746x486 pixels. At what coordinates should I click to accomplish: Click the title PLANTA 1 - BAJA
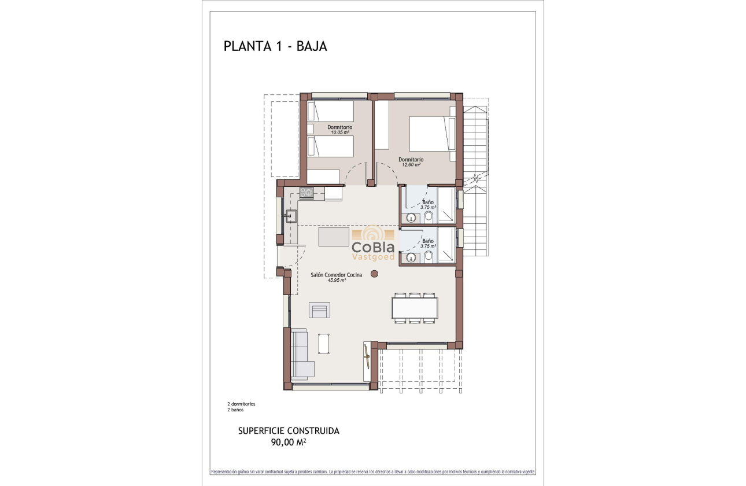(275, 47)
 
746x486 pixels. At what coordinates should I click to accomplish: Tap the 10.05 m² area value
(340, 132)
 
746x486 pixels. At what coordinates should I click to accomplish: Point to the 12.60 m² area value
(411, 165)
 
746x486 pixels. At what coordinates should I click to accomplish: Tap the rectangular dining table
(414, 307)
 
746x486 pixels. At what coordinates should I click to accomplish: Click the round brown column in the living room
(374, 274)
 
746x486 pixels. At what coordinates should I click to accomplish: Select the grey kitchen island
(334, 237)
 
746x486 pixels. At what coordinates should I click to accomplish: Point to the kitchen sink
(290, 217)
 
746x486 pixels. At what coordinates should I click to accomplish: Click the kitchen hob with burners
(306, 193)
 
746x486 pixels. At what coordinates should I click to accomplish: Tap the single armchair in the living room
(320, 310)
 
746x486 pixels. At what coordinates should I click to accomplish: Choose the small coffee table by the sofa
(324, 343)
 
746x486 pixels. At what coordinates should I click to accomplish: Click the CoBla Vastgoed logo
(373, 244)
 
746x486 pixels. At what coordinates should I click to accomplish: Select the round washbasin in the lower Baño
(411, 257)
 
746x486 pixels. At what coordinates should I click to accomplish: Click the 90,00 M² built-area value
(289, 443)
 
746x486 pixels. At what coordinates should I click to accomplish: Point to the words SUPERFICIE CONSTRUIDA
(289, 431)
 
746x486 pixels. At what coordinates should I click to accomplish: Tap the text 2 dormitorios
(241, 404)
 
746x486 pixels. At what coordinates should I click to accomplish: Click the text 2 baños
(235, 410)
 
